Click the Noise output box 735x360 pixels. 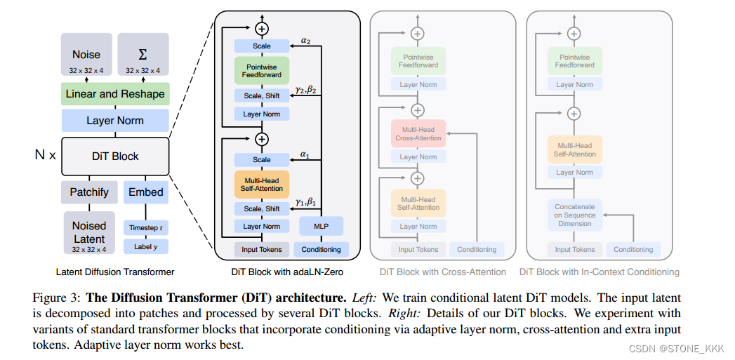(x=86, y=55)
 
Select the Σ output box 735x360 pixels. (x=143, y=55)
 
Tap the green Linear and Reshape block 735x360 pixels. (x=115, y=94)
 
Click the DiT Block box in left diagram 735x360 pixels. (x=115, y=156)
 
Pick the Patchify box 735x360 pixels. (x=89, y=192)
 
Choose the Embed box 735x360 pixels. (x=146, y=192)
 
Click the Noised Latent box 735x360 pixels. (x=89, y=232)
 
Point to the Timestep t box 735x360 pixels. (x=146, y=227)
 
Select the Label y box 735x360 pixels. (x=146, y=246)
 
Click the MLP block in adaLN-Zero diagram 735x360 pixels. (x=321, y=226)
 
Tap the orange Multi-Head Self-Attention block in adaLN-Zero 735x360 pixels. (x=262, y=184)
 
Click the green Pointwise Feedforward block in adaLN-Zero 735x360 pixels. (x=262, y=70)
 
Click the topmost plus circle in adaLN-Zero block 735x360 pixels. (x=262, y=29)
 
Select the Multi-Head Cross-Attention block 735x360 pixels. (x=418, y=133)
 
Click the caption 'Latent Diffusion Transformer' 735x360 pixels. (x=115, y=272)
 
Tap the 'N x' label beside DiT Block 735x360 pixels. (x=45, y=155)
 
